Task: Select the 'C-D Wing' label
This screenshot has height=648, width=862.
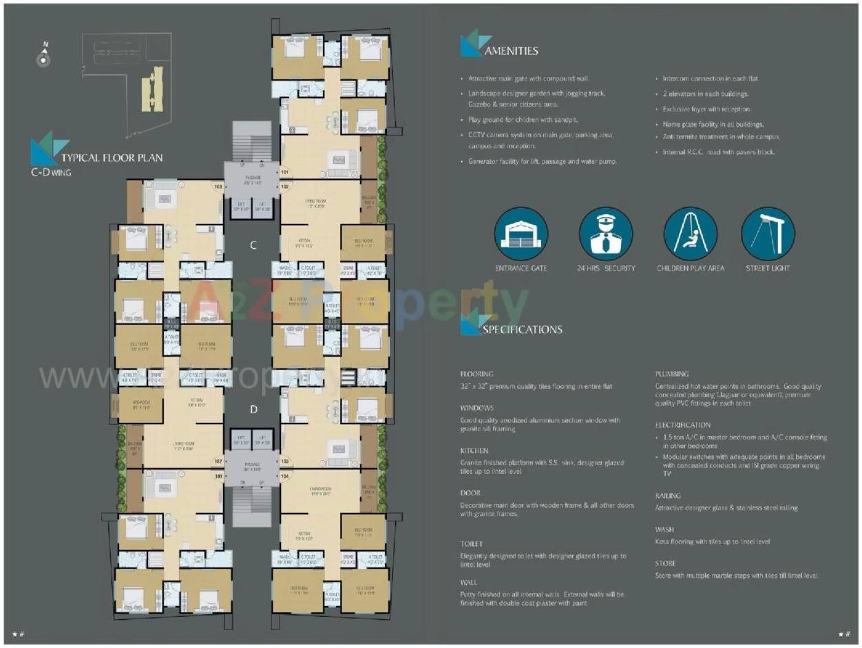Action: tap(51, 172)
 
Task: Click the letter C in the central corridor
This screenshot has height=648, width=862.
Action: tap(253, 245)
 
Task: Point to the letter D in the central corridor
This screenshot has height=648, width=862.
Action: tap(253, 410)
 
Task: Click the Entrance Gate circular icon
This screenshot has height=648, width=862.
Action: tap(521, 233)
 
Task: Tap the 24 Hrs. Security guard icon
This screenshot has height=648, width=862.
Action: tap(605, 233)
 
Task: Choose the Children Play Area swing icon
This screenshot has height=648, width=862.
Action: tap(690, 233)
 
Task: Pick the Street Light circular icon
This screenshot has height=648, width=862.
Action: tap(768, 233)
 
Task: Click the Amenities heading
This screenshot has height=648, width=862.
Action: tap(511, 50)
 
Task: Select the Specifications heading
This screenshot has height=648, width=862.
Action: tap(522, 329)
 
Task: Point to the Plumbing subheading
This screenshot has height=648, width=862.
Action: tap(671, 374)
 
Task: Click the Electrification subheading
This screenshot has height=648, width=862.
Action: tap(682, 425)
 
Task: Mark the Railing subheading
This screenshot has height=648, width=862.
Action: tap(668, 495)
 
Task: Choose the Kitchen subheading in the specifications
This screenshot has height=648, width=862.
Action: tap(474, 450)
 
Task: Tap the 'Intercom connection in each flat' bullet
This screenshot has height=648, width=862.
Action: tap(710, 79)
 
